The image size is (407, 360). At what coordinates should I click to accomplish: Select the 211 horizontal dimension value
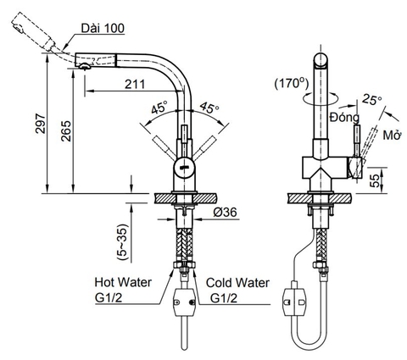132,83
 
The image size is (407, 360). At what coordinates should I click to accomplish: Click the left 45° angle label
160,108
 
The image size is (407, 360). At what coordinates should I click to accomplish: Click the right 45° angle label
209,108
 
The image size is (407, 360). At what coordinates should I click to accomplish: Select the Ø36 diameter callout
224,212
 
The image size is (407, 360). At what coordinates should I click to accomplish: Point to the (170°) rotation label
292,83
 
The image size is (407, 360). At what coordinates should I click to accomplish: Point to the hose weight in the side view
296,298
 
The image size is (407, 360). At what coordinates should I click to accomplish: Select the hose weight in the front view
182,300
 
